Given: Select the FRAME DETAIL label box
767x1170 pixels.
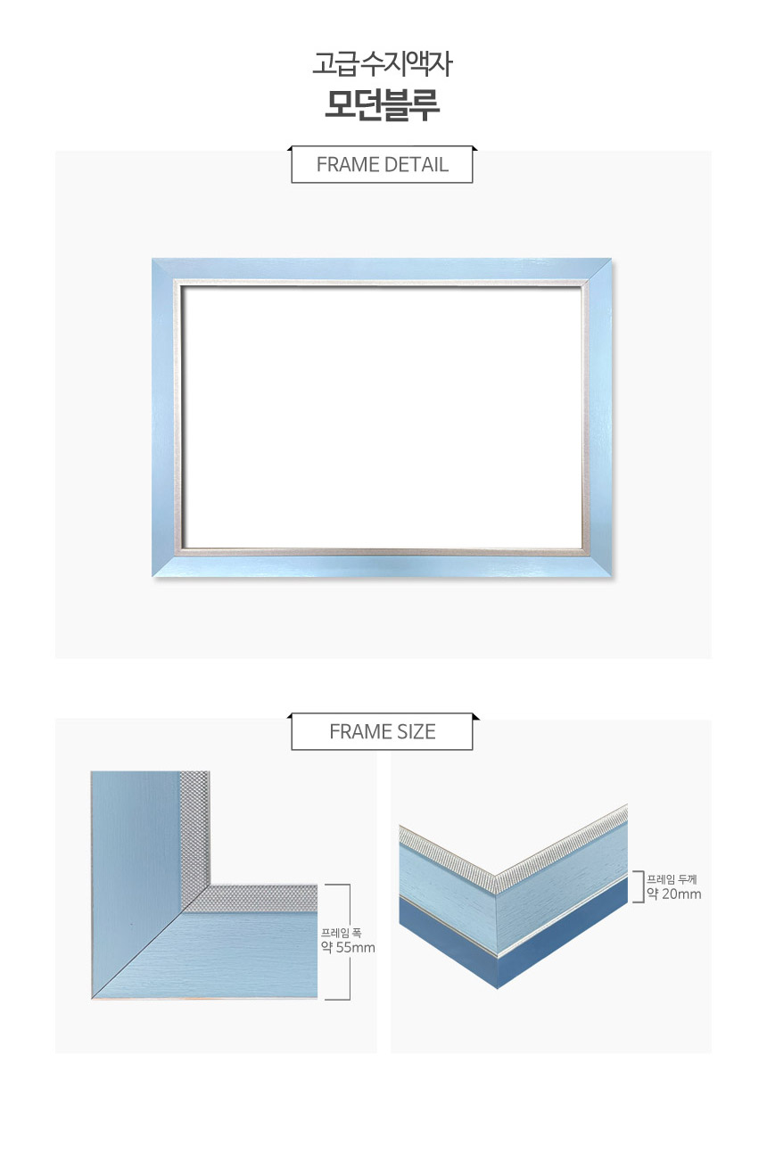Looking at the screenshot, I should coord(382,165).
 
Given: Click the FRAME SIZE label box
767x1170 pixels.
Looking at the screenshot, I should coord(382,732).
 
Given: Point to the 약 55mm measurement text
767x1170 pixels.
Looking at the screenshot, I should coord(348,948).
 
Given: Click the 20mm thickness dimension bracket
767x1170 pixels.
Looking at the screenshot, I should coord(637,886).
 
